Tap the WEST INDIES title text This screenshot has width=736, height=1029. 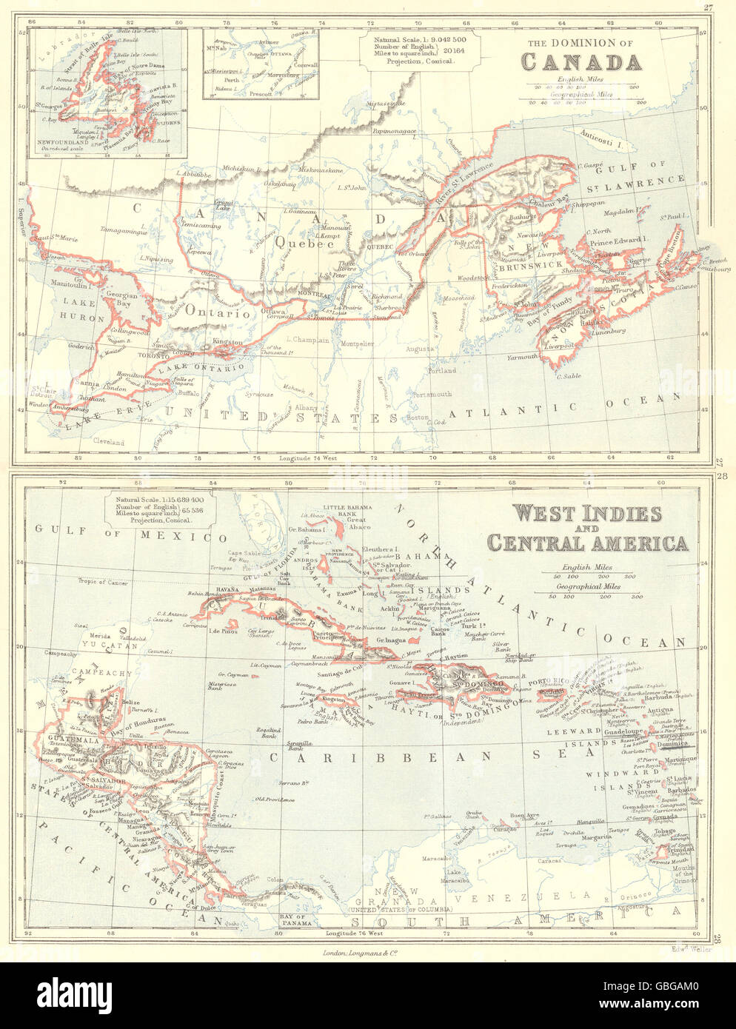574,513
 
